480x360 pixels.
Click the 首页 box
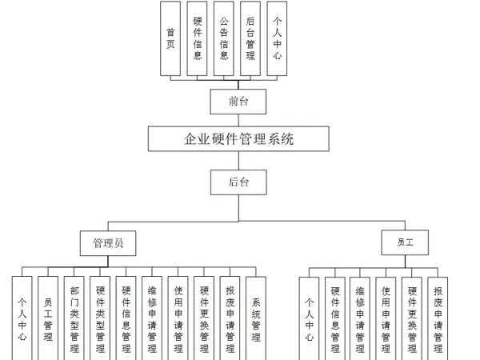170,38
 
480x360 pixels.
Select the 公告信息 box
223,38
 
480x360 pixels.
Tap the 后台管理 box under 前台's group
250,38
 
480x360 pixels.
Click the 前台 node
238,101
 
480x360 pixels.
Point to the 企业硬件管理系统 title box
238,138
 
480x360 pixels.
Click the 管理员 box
107,242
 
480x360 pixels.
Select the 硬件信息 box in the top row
197,38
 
